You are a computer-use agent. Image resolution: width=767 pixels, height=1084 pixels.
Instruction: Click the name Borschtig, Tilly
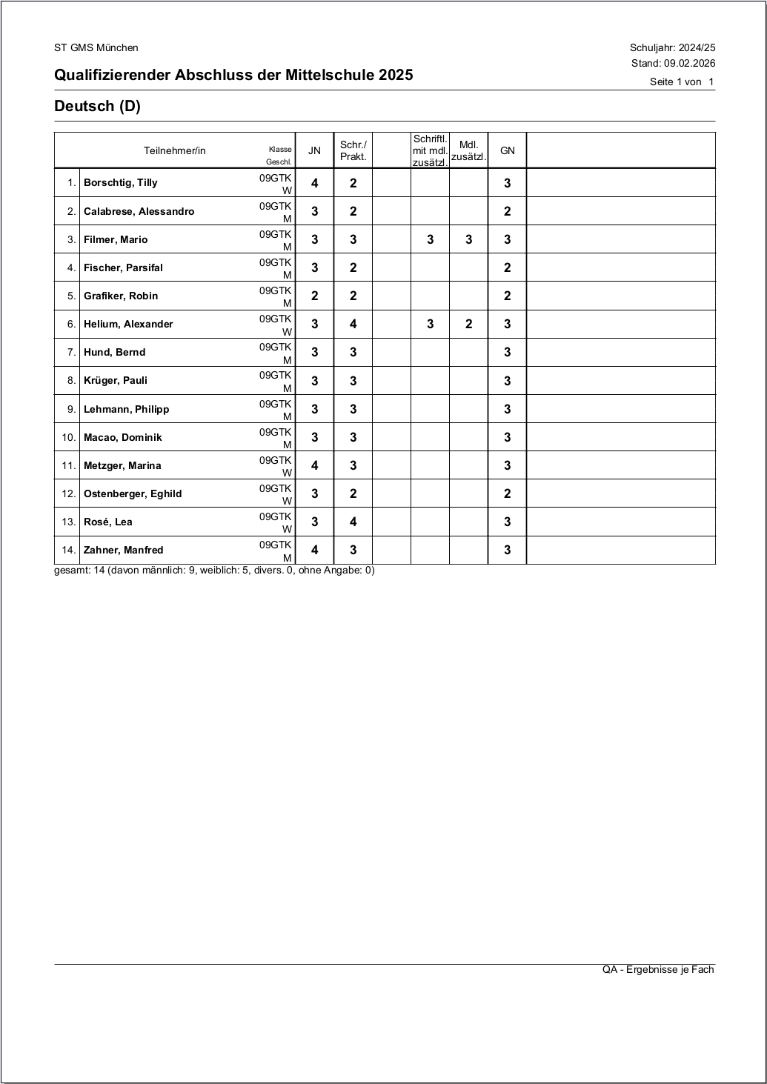click(120, 183)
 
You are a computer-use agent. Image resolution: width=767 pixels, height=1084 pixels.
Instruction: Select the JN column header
click(314, 150)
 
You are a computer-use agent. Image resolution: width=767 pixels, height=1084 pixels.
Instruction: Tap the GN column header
click(507, 150)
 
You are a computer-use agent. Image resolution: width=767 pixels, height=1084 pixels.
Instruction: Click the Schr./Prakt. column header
click(353, 150)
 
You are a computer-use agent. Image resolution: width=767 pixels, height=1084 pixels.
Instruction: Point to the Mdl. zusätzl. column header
click(468, 150)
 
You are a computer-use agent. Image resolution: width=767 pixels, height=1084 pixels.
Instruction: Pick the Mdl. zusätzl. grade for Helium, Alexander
click(468, 324)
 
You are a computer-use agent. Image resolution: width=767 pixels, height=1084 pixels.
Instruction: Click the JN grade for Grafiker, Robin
click(314, 296)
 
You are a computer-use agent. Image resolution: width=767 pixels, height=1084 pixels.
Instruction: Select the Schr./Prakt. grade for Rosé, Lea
click(353, 522)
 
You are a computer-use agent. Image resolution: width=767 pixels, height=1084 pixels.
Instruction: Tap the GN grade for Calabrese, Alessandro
click(507, 211)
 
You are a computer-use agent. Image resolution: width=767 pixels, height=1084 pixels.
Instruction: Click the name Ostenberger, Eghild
click(133, 493)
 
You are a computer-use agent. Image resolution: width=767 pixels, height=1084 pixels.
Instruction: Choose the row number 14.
click(69, 550)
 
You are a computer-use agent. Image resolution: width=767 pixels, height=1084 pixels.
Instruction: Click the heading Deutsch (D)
click(97, 106)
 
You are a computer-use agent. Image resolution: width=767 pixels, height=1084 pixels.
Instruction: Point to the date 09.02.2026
click(689, 63)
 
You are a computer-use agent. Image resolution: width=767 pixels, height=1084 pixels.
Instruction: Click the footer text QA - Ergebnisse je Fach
click(658, 969)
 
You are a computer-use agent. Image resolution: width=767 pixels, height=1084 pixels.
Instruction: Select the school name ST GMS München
click(96, 47)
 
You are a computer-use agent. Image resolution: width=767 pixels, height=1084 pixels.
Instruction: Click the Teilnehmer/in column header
click(175, 150)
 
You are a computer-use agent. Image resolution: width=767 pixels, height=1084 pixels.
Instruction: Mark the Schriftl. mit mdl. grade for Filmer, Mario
click(430, 239)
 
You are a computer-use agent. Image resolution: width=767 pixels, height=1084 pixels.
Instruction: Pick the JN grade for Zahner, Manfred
click(314, 550)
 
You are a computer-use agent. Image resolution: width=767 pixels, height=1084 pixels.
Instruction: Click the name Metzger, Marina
click(122, 465)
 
